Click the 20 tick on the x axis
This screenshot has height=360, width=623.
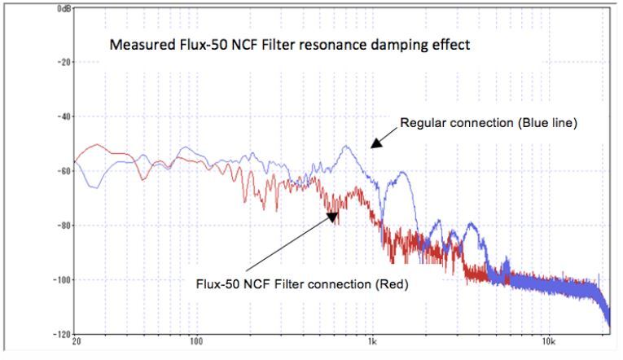point(76,341)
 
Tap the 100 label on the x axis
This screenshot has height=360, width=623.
point(196,341)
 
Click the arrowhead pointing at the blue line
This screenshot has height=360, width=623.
point(374,144)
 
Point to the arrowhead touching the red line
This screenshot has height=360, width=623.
point(332,216)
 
